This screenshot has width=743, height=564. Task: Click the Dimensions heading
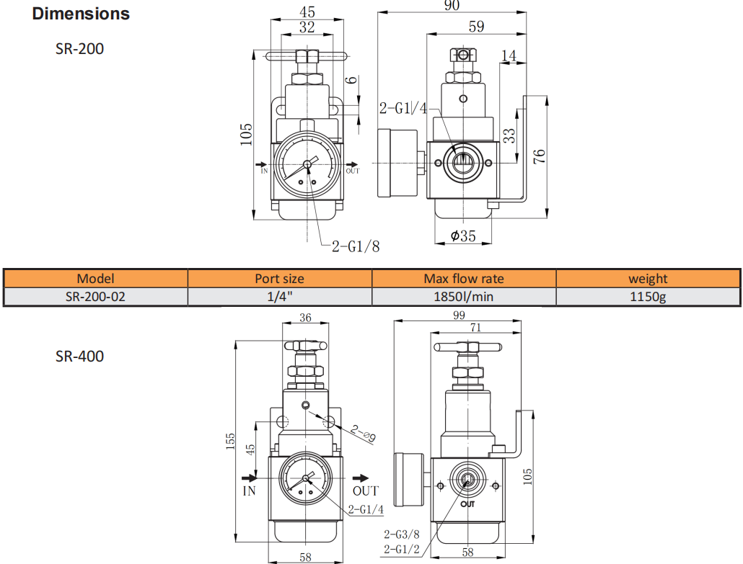pos(81,14)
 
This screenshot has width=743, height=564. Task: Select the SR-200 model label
pos(79,49)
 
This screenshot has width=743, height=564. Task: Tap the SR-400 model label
pos(79,356)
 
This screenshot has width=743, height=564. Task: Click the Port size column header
pos(279,278)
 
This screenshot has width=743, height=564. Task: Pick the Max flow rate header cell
pos(463,278)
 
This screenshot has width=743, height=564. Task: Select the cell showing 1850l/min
pos(463,296)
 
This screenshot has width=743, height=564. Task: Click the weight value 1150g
pos(647,296)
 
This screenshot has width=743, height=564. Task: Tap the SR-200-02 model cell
pos(95,296)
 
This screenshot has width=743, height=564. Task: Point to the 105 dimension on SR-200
pos(245,133)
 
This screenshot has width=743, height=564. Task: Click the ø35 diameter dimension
pos(463,236)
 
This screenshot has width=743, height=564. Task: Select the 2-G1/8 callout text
pos(355,246)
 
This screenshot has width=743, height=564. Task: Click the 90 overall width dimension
pos(452,6)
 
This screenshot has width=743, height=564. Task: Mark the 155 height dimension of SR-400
pos(229,442)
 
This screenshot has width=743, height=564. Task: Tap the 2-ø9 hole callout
pos(364,432)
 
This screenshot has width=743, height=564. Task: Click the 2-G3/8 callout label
pos(401,534)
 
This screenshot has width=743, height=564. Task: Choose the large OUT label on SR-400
pos(366,491)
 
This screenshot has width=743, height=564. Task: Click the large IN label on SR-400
pos(249,491)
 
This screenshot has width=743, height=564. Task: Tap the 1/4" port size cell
pos(279,296)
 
